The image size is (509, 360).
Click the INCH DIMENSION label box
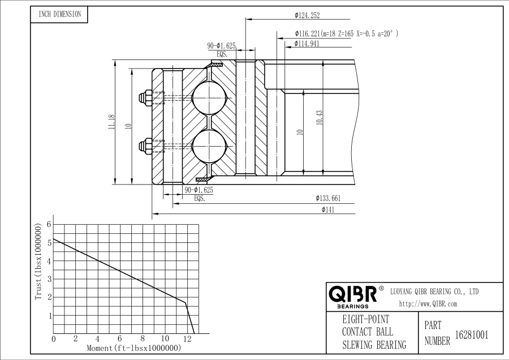[59, 14]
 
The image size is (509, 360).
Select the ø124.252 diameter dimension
[307, 15]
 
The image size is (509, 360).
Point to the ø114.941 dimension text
[307, 44]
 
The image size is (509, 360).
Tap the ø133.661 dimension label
[328, 198]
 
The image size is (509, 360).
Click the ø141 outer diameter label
[328, 209]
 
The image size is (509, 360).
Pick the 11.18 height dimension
[112, 122]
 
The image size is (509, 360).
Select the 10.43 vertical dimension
[320, 118]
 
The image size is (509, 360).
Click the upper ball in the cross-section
[209, 98]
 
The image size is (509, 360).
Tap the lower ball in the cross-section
[209, 145]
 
